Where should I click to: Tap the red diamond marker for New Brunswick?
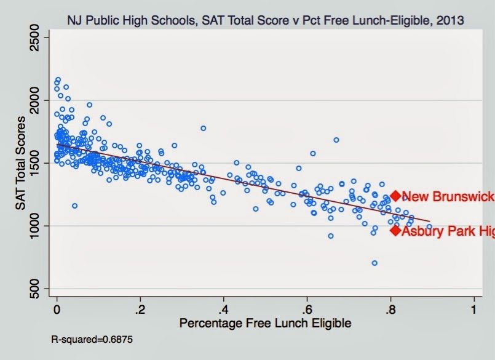pyautogui.click(x=395, y=196)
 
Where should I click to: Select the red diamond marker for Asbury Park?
pyautogui.click(x=395, y=230)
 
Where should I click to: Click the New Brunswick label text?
pyautogui.click(x=447, y=197)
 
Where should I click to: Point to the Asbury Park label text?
pyautogui.click(x=447, y=231)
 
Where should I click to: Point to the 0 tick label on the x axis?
pyautogui.click(x=57, y=309)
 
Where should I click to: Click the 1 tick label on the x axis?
pyautogui.click(x=474, y=309)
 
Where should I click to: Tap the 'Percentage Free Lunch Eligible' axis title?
pyautogui.click(x=265, y=322)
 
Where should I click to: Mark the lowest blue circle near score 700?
pyautogui.click(x=374, y=263)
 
